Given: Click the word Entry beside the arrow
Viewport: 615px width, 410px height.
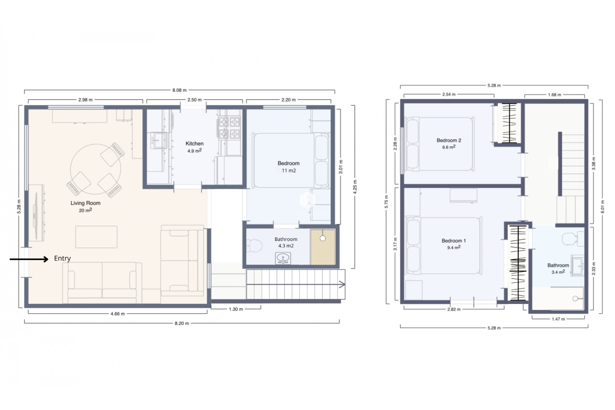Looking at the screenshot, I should click(x=62, y=258).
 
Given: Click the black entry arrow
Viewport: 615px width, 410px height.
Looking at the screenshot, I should click(x=29, y=259).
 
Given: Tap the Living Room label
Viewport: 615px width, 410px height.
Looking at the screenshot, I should click(x=85, y=203).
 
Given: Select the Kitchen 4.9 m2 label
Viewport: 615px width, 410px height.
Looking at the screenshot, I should click(x=194, y=147).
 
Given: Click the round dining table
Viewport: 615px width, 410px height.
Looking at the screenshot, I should click(x=95, y=169).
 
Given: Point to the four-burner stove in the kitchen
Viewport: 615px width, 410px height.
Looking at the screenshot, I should click(x=229, y=128).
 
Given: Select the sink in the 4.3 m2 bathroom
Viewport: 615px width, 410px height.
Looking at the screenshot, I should click(x=283, y=258).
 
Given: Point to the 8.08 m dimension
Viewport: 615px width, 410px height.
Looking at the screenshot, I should click(x=179, y=90).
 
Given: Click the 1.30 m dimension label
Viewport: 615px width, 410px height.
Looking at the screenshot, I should click(x=236, y=309).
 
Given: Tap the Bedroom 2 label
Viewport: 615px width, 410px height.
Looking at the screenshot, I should click(x=449, y=140).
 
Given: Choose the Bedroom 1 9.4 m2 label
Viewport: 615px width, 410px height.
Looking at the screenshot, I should click(x=454, y=244).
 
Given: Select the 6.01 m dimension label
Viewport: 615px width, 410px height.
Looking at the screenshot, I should click(x=602, y=207).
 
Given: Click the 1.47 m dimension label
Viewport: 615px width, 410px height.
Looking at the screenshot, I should click(x=558, y=319).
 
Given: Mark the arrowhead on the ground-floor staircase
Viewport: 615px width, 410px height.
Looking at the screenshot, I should click(x=342, y=284).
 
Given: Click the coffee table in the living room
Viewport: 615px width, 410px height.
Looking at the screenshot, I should click(x=96, y=237).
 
